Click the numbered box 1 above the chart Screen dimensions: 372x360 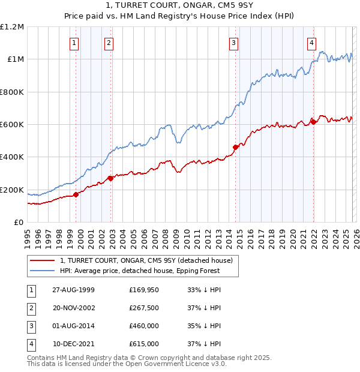(x=74, y=43)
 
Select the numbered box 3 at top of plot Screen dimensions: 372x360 (x=233, y=43)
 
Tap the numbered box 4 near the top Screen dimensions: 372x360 (x=312, y=43)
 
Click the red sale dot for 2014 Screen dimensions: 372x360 (x=235, y=147)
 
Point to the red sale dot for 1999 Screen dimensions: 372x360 (x=76, y=194)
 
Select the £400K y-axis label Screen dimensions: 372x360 (x=13, y=157)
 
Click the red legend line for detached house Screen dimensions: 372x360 (x=43, y=260)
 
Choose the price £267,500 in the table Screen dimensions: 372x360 (x=144, y=308)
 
